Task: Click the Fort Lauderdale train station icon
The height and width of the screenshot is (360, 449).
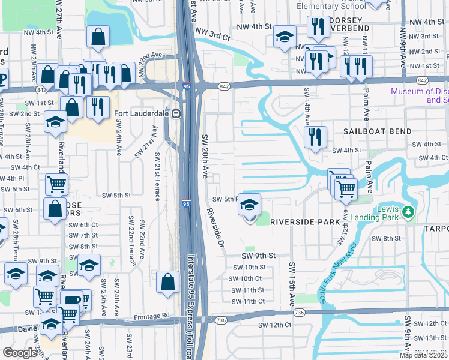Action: [x=177, y=114]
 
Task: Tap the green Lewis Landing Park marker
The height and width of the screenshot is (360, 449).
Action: [x=408, y=212]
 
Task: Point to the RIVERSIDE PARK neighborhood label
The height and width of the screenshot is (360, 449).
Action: [x=305, y=222]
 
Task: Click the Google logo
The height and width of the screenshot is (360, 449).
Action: [x=20, y=352]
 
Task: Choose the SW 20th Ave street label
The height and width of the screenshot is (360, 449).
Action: [x=204, y=156]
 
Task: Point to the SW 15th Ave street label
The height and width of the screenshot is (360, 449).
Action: [x=292, y=282]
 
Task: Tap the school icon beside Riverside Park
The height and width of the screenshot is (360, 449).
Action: [x=249, y=206]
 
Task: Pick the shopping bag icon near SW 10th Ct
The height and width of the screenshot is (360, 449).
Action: [x=168, y=282]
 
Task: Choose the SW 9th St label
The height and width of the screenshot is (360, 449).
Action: [x=258, y=255]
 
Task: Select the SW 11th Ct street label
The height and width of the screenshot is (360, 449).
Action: [x=248, y=301]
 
